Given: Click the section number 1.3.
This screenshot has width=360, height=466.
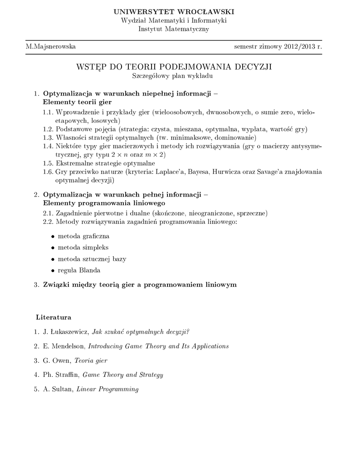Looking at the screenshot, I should pos(48,137).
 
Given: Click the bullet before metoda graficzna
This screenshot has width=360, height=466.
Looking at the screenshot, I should pos(53,237).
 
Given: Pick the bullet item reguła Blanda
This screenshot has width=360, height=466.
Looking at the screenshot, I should pos(79,270).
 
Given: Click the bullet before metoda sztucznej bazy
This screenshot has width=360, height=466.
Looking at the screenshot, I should pos(53,259).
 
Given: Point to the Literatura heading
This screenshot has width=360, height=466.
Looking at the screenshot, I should pos(54,316).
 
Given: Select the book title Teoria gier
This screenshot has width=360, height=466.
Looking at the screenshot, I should pos(93,360).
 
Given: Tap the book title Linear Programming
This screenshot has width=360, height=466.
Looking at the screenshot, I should pos(107,389).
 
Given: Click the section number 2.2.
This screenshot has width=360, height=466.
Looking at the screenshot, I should pos(48,222).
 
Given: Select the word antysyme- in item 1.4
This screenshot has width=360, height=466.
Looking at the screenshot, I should pos(306,146).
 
